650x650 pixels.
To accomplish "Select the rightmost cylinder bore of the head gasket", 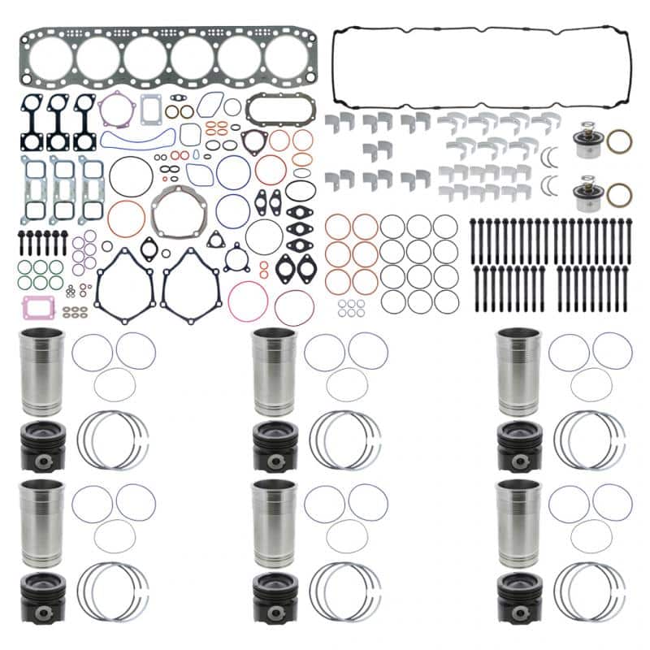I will click(287, 58).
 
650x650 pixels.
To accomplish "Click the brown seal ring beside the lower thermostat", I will click(619, 195).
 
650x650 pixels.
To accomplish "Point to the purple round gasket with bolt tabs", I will click(116, 110).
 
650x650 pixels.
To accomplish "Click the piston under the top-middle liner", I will click(274, 446).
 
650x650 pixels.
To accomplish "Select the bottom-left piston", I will click(43, 598).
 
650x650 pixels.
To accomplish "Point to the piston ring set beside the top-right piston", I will click(590, 440).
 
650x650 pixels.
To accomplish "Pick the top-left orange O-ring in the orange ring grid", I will click(337, 227).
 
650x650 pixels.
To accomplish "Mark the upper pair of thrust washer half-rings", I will click(553, 154).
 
